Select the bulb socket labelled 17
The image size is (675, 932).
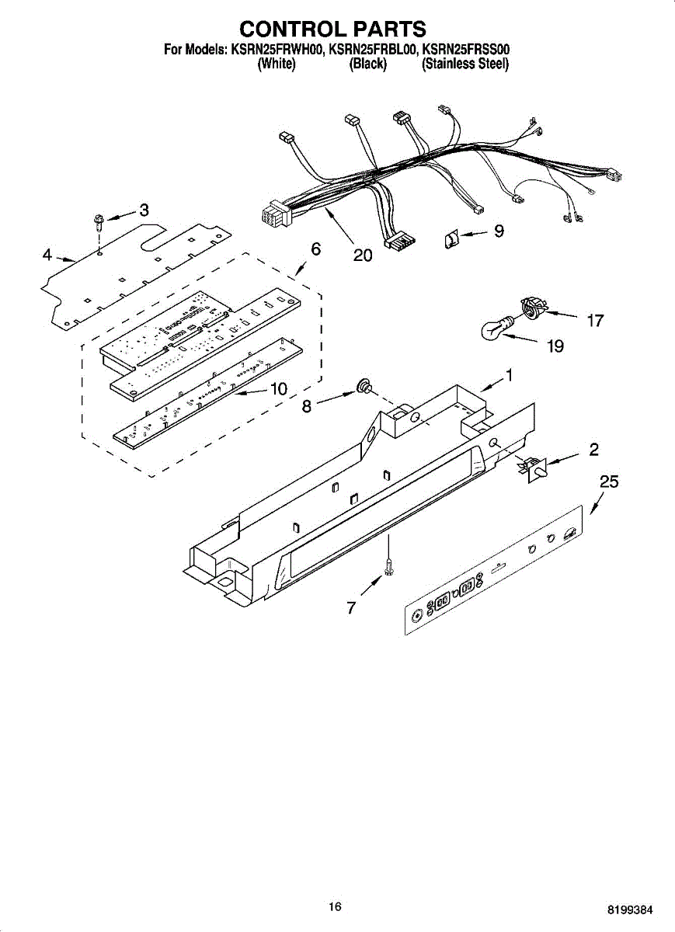(531, 308)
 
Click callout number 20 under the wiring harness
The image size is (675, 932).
(363, 255)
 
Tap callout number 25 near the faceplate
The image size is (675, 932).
(609, 482)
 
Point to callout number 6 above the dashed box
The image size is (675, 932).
(315, 249)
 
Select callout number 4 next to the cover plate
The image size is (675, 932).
(47, 254)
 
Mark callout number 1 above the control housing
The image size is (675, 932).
(509, 376)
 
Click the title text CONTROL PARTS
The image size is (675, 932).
(332, 29)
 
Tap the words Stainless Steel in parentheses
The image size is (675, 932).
(464, 64)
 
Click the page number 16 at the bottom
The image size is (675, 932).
(335, 906)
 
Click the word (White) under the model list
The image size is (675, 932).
(276, 64)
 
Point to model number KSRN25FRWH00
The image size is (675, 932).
(276, 50)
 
